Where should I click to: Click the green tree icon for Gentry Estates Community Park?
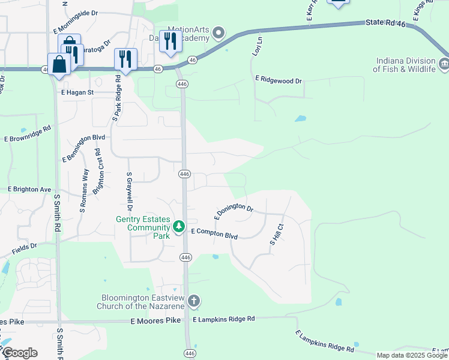coord(178,227)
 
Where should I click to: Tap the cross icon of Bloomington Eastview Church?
coord(193,301)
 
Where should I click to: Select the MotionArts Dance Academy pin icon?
coord(218,32)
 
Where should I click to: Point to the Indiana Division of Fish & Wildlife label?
coord(405,65)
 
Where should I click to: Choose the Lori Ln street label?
coord(257,46)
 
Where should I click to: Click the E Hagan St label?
coord(77,92)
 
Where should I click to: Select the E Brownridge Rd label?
coord(28,134)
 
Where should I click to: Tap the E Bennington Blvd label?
coord(83,148)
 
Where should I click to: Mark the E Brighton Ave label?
coord(29,189)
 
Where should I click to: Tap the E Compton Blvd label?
coord(214,233)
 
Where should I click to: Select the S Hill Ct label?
coord(277,234)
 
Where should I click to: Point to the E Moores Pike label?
coord(155,322)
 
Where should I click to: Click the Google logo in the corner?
coord(19,353)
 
